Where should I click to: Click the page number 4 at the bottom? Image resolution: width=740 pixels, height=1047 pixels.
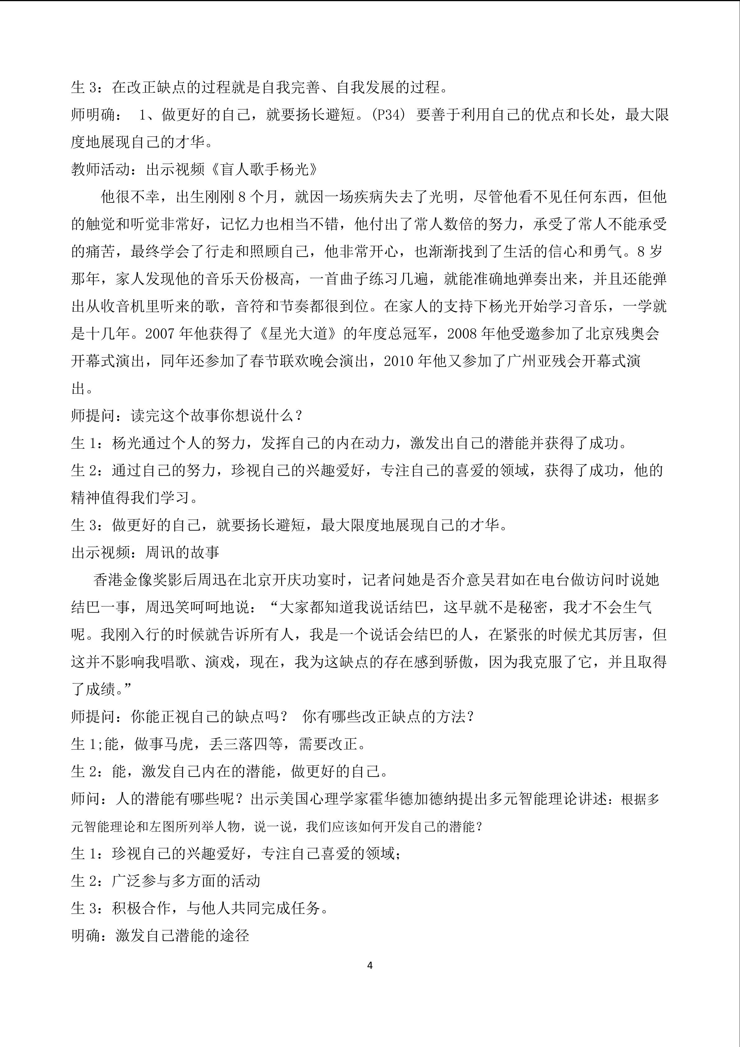click(x=370, y=966)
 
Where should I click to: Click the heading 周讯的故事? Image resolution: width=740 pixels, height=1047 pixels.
click(x=182, y=553)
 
